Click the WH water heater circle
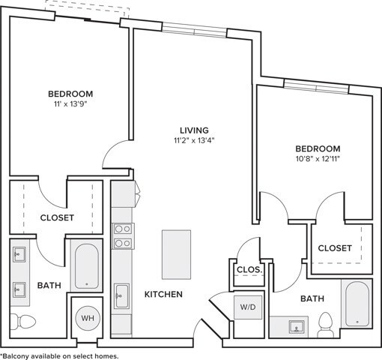[88, 318]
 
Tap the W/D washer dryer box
[248, 307]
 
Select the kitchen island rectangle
[177, 254]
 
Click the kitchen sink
[121, 295]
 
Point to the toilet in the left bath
[22, 321]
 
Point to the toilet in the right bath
[326, 325]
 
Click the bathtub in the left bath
[87, 266]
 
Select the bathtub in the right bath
[357, 304]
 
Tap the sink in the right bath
[297, 327]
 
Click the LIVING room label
[195, 130]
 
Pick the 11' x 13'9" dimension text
[70, 104]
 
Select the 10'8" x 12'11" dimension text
[318, 159]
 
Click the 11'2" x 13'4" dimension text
[195, 141]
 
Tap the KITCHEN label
[163, 294]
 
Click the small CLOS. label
[249, 270]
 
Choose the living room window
[195, 31]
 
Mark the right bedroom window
[316, 87]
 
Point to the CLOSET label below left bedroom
[57, 217]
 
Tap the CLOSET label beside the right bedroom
[335, 248]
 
